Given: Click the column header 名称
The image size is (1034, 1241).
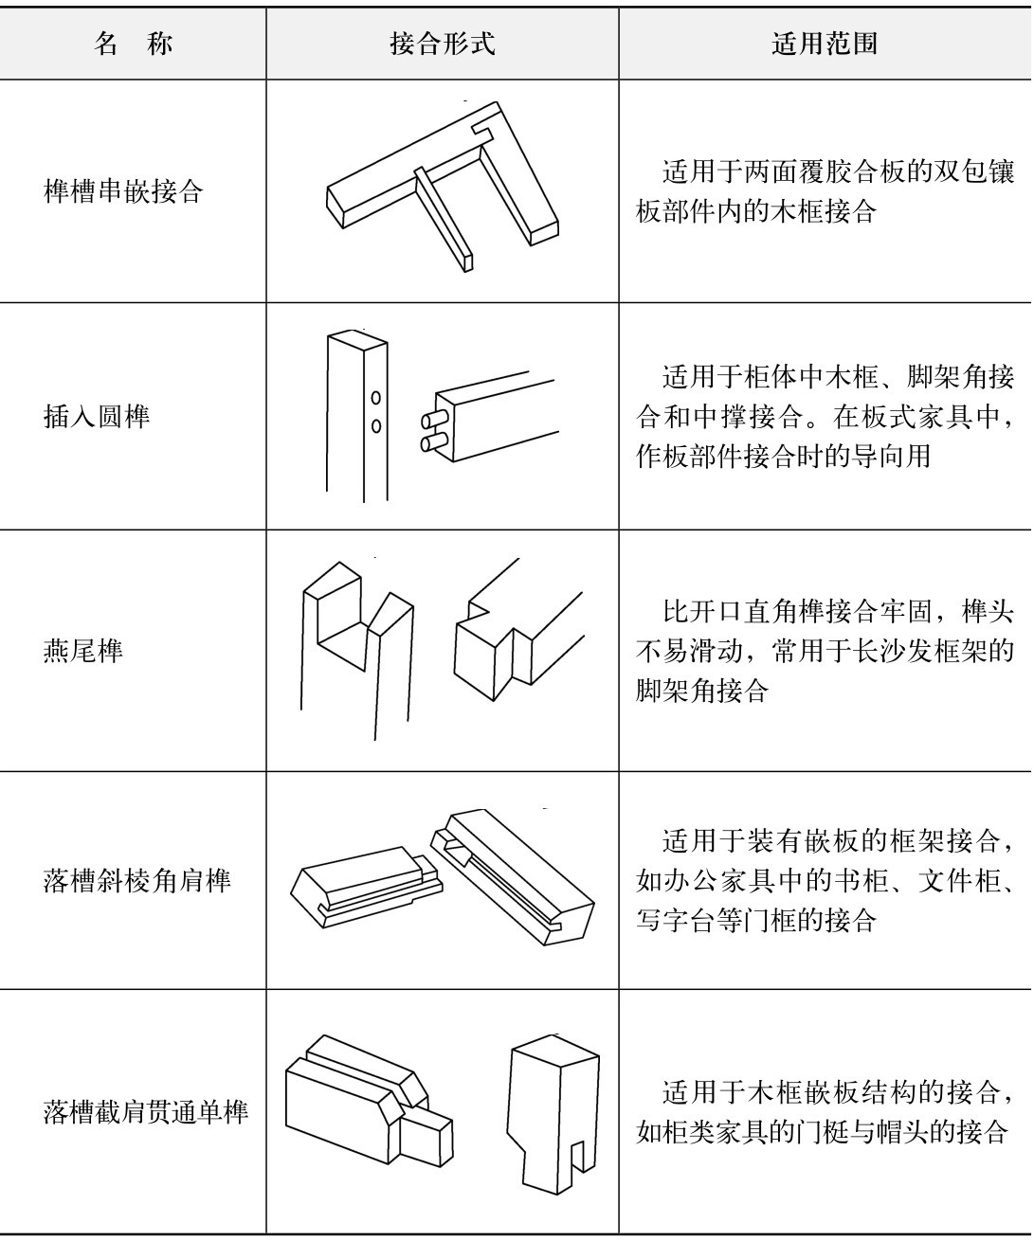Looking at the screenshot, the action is tap(134, 44).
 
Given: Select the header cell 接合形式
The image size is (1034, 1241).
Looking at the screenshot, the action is tap(443, 44).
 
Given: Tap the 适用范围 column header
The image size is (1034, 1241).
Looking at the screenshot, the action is tap(825, 44).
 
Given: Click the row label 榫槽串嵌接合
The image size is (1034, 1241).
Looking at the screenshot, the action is tap(123, 191).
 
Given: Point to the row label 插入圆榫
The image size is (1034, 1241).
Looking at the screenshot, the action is tap(97, 416).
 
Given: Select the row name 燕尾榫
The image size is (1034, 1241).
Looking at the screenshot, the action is tap(82, 650).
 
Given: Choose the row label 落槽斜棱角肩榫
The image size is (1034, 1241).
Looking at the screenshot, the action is tap(136, 880).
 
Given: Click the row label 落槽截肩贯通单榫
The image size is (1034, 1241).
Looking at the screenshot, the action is tap(146, 1112).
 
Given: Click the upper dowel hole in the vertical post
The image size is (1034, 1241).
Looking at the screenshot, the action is tap(375, 398).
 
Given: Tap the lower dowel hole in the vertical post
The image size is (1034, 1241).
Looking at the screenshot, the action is tap(375, 425).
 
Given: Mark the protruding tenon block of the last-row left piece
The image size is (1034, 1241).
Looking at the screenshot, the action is tap(425, 1139).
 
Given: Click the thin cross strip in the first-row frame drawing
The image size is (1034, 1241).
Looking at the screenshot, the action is tap(444, 220).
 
